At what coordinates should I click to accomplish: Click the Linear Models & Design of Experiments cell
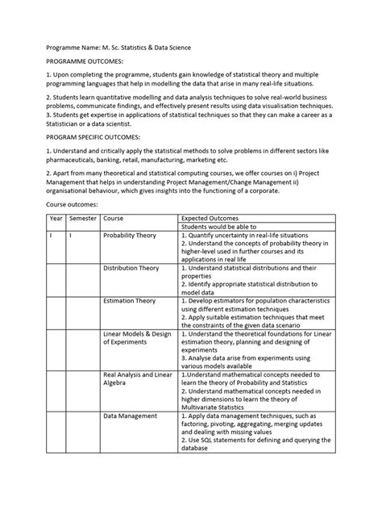pos(137,337)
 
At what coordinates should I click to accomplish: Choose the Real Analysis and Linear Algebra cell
pos(137,378)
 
